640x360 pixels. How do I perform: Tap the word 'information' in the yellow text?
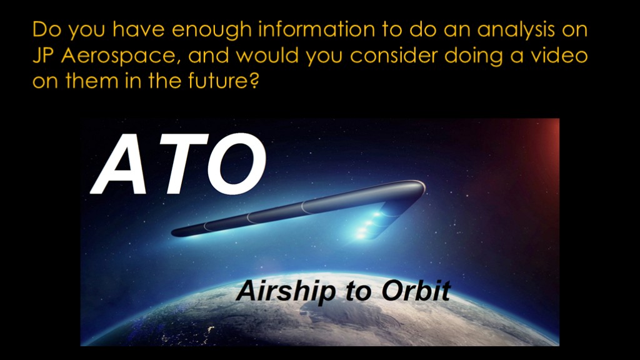pyautogui.click(x=317, y=29)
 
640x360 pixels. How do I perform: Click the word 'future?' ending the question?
pyautogui.click(x=223, y=81)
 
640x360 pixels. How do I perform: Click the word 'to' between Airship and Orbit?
pyautogui.click(x=358, y=292)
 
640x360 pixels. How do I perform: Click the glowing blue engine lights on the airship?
pyautogui.click(x=369, y=224)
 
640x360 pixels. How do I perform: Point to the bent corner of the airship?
pyautogui.click(x=416, y=189)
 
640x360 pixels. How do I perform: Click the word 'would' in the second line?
pyautogui.click(x=267, y=55)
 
